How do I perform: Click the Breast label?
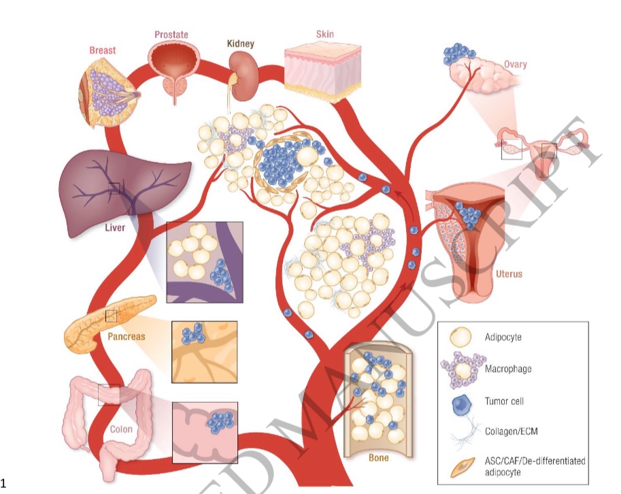click(103, 50)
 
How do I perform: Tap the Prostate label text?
click(171, 34)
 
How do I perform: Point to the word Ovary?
click(516, 65)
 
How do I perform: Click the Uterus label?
click(509, 274)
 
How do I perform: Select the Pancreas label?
click(127, 336)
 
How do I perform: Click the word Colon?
click(121, 429)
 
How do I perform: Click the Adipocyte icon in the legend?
click(460, 337)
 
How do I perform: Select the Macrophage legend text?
click(509, 369)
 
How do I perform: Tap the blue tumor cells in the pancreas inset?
click(192, 334)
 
